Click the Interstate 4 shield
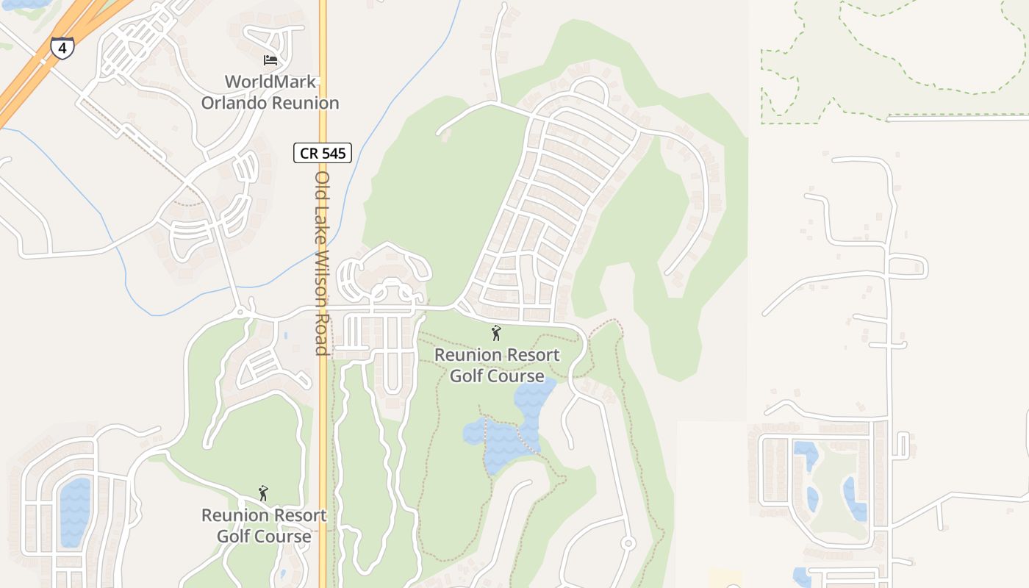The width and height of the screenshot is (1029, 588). coord(62,49)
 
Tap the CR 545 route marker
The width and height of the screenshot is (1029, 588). coord(323,153)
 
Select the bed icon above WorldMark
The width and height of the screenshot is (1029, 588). coord(270,60)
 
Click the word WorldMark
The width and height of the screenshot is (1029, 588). coord(270,82)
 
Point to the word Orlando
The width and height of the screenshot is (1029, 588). coord(234,103)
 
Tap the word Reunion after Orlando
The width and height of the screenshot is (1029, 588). coord(306,103)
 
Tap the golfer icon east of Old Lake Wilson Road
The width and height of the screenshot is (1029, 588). coord(496,333)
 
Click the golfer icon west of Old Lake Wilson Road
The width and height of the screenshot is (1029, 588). coord(263,493)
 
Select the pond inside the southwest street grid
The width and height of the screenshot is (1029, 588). coord(74,512)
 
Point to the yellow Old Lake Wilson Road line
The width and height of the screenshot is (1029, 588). coord(323,441)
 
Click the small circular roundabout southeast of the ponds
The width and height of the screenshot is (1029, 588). coord(628,543)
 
